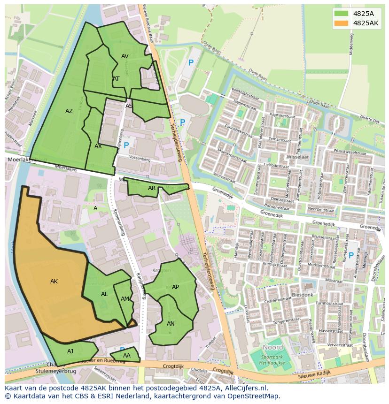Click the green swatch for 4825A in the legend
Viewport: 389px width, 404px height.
click(342, 13)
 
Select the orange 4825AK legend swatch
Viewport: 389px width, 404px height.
click(342, 23)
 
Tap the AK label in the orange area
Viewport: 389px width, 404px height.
click(54, 282)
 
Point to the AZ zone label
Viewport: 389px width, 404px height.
click(69, 111)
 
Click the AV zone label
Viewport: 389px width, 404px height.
click(125, 56)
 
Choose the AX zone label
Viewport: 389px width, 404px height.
click(98, 146)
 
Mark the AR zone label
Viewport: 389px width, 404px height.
click(152, 188)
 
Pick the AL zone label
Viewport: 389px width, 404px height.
click(104, 294)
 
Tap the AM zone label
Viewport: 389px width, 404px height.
click(124, 299)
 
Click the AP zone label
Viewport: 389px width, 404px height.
click(175, 287)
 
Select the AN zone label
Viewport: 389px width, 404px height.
click(171, 324)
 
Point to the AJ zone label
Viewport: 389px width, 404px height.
click(70, 351)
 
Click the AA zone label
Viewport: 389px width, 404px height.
click(126, 356)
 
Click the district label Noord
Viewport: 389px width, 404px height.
click(272, 347)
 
